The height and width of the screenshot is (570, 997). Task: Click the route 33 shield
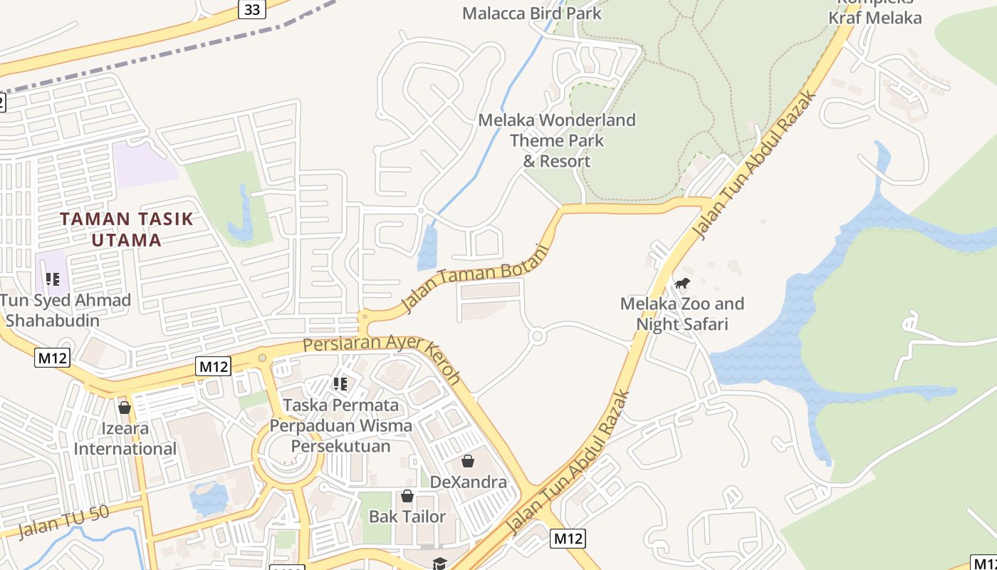(252, 9)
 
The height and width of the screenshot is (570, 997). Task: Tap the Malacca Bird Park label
(532, 13)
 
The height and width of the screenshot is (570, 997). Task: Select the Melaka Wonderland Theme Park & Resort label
(557, 140)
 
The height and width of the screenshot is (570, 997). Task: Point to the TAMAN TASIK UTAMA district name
(127, 229)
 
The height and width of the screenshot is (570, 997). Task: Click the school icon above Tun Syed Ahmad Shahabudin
(52, 279)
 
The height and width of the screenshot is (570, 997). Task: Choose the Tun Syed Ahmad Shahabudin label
(66, 310)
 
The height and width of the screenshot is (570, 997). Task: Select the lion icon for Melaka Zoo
(682, 284)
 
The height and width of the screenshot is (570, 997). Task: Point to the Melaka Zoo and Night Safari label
(682, 314)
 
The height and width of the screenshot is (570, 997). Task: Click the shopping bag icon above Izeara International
(125, 408)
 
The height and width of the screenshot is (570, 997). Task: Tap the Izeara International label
(125, 439)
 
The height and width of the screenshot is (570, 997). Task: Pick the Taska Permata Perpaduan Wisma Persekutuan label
(340, 425)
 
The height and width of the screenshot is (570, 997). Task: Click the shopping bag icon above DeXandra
(468, 461)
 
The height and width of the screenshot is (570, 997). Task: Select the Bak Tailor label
(407, 516)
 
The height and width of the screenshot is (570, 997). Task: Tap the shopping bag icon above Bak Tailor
(407, 495)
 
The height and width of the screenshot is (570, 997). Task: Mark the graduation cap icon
(439, 564)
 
